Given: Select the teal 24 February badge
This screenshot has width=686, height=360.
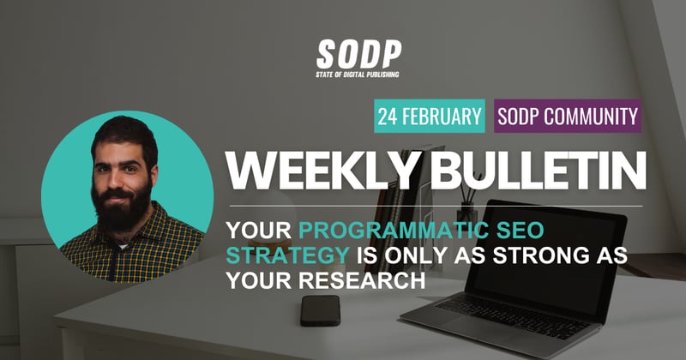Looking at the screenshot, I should (x=429, y=115).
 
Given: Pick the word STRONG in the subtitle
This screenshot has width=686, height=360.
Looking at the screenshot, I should (x=523, y=255).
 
